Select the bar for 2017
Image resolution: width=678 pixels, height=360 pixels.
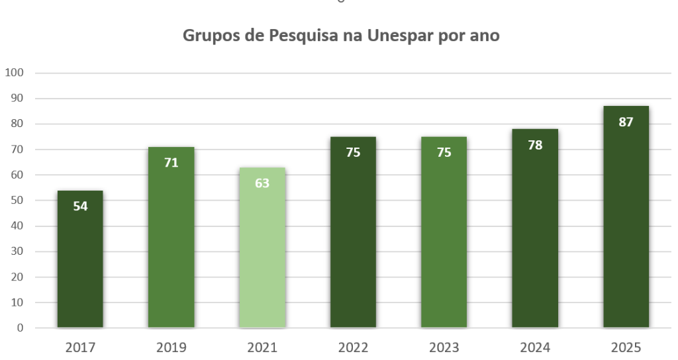pos(80,265)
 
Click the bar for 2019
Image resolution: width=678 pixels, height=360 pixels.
pos(171,245)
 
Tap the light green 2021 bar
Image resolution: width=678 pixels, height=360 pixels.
pos(262,258)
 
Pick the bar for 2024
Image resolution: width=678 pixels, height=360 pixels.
pos(535,238)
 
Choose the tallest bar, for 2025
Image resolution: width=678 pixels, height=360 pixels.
pos(626,225)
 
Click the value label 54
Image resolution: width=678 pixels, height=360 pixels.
pos(80,205)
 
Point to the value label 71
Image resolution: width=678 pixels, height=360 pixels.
pos(171,162)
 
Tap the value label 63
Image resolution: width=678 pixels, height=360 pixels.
pos(262,183)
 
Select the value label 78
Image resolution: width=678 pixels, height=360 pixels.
pos(535,145)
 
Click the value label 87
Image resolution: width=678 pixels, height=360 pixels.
pos(626,122)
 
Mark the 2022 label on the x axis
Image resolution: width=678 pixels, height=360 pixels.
pos(353,347)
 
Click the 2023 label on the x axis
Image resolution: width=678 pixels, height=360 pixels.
pos(444,347)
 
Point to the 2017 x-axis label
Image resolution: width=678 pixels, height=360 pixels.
pos(80,347)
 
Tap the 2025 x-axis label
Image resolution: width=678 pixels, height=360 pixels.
pos(626,347)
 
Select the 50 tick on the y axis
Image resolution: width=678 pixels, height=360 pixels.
pos(17,201)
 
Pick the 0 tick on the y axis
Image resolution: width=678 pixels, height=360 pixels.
pos(20,328)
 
